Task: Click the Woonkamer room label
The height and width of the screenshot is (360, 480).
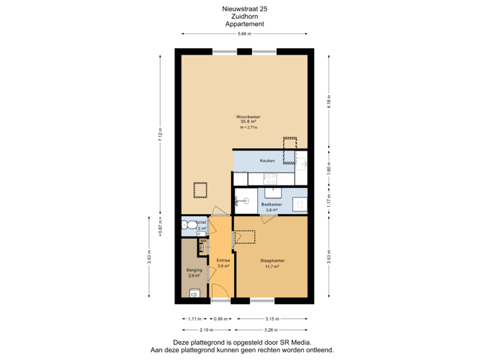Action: click(x=250, y=117)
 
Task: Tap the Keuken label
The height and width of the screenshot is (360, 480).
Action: click(x=267, y=161)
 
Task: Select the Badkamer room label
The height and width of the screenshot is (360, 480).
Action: click(x=271, y=204)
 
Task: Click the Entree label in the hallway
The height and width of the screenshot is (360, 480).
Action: click(x=223, y=261)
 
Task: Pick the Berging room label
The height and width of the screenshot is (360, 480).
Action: click(x=194, y=270)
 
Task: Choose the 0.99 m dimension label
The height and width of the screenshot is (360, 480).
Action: click(x=220, y=319)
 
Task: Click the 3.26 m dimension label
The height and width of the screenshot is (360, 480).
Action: click(x=272, y=329)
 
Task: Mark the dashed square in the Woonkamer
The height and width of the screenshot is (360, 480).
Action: click(x=199, y=190)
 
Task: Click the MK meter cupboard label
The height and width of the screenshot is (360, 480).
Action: click(x=203, y=241)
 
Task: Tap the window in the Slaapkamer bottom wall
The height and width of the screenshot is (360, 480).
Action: click(x=262, y=301)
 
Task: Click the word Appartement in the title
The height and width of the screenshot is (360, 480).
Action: click(x=245, y=23)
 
